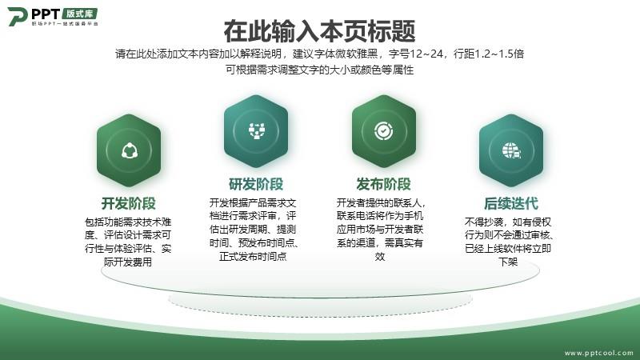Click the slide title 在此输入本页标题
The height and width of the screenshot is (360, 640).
pyautogui.click(x=319, y=31)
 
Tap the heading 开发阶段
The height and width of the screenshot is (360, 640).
pyautogui.click(x=129, y=203)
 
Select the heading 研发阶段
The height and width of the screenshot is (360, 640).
pyautogui.click(x=256, y=184)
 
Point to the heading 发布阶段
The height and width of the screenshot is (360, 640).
pyautogui.click(x=383, y=184)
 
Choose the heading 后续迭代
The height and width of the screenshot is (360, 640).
pyautogui.click(x=511, y=203)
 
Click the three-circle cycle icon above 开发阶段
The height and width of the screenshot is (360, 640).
pyautogui.click(x=130, y=150)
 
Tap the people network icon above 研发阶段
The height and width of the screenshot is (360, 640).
pyautogui.click(x=257, y=131)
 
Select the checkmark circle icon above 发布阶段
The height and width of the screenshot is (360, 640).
pyautogui.click(x=384, y=131)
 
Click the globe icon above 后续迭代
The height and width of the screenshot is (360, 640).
pyautogui.click(x=511, y=150)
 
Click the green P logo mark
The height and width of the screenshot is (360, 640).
pyautogui.click(x=17, y=16)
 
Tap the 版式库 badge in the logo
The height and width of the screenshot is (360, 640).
pyautogui.click(x=80, y=14)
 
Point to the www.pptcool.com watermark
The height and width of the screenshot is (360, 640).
pyautogui.click(x=598, y=353)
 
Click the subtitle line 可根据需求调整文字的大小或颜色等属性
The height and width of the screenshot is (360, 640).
pyautogui.click(x=319, y=70)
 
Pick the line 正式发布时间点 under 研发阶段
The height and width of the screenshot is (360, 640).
pyautogui.click(x=253, y=256)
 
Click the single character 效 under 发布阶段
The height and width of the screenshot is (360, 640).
pyautogui.click(x=380, y=256)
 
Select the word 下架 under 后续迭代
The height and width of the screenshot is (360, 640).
pyautogui.click(x=508, y=262)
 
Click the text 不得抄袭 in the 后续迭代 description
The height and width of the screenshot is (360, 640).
pyautogui.click(x=484, y=222)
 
